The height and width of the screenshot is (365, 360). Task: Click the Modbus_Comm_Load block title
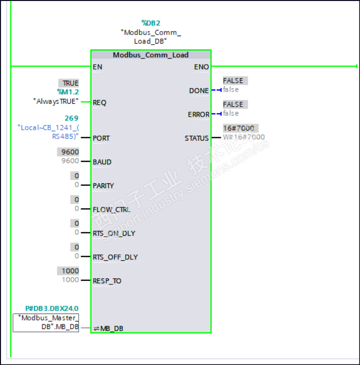pyautogui.click(x=150, y=55)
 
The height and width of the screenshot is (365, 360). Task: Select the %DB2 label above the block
pyautogui.click(x=151, y=23)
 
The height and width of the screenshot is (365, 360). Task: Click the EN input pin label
pyautogui.click(x=98, y=67)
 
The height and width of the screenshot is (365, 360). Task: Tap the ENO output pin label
pyautogui.click(x=201, y=67)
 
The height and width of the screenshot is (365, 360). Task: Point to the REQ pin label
pyautogui.click(x=100, y=103)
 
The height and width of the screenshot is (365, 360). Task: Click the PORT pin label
pyautogui.click(x=101, y=138)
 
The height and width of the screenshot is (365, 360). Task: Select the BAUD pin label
pyautogui.click(x=102, y=162)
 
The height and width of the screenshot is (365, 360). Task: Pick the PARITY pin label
pyautogui.click(x=103, y=186)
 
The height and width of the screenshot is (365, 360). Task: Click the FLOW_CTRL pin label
pyautogui.click(x=108, y=209)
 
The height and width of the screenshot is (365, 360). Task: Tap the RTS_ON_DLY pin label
pyautogui.click(x=114, y=233)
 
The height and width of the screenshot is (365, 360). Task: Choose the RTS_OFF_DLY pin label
pyautogui.click(x=115, y=257)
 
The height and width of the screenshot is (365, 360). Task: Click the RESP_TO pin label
pyautogui.click(x=107, y=281)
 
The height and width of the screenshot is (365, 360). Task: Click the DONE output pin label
pyautogui.click(x=199, y=91)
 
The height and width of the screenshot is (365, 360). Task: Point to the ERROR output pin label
pyautogui.click(x=198, y=115)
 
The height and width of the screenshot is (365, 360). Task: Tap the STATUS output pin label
pyautogui.click(x=197, y=138)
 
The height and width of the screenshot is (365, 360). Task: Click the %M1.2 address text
pyautogui.click(x=68, y=92)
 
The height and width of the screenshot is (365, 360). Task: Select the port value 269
pyautogui.click(x=72, y=119)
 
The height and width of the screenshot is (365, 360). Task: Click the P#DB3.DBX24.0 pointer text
pyautogui.click(x=52, y=309)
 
